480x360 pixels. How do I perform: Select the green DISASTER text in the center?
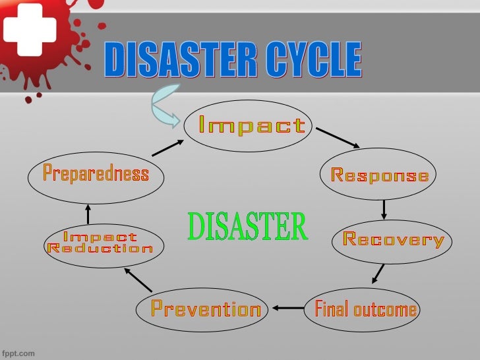pyautogui.click(x=247, y=227)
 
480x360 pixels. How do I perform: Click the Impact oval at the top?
pyautogui.click(x=253, y=125)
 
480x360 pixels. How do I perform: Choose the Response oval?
pyautogui.click(x=379, y=175)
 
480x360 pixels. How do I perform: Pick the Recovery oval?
pyautogui.click(x=394, y=240)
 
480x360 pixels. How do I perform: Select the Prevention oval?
pyautogui.click(x=206, y=309)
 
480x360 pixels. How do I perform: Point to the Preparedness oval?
pyautogui.click(x=96, y=174)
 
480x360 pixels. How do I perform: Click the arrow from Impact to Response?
pyautogui.click(x=338, y=138)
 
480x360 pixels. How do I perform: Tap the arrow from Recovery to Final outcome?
pyautogui.click(x=378, y=273)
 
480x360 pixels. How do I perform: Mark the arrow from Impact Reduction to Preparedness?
pyautogui.click(x=88, y=213)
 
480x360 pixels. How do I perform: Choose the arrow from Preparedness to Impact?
pyautogui.click(x=167, y=146)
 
